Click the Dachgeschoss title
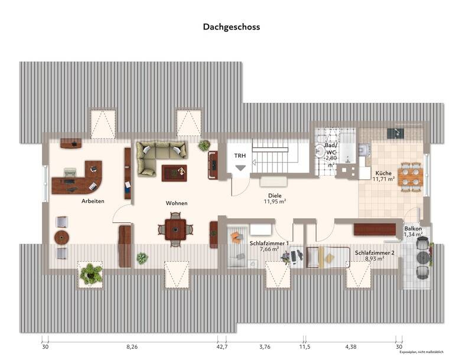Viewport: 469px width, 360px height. click(232, 27)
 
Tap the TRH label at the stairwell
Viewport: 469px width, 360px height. click(239, 155)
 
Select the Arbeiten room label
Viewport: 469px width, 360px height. click(93, 202)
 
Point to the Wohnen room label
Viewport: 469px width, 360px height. click(177, 203)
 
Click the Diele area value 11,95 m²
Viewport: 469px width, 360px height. click(275, 202)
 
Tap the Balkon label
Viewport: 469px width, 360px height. click(413, 228)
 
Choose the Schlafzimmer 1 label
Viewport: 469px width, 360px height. click(269, 244)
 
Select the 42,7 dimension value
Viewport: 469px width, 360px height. click(222, 347)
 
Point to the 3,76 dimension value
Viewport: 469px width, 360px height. click(265, 347)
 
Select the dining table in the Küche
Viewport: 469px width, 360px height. click(410, 177)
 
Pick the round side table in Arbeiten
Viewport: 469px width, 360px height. click(61, 238)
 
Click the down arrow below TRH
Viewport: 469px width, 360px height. click(240, 168)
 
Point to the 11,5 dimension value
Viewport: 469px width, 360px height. click(305, 347)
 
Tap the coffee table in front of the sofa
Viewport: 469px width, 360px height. click(175, 172)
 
